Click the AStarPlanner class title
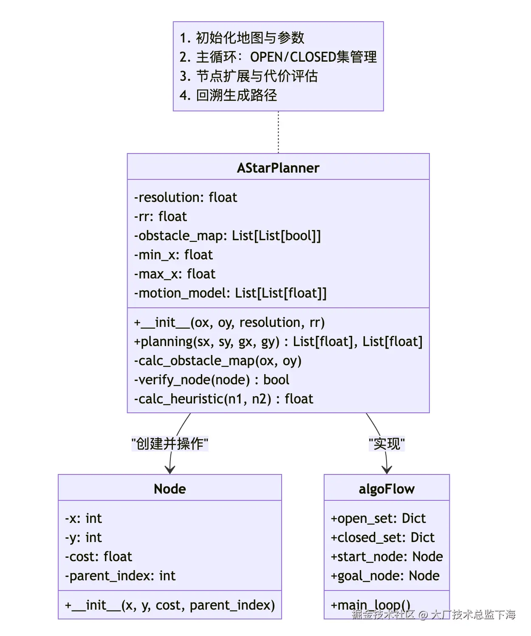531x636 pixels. click(x=278, y=168)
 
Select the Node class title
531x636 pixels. click(x=169, y=489)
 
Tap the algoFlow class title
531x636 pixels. click(x=387, y=489)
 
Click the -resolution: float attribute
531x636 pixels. click(x=186, y=197)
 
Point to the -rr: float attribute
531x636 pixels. click(x=161, y=216)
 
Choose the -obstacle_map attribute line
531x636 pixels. click(x=228, y=236)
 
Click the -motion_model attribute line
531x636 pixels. click(x=230, y=293)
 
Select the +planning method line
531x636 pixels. click(x=278, y=341)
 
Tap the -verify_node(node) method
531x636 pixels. click(x=212, y=380)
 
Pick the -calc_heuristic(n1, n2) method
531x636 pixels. click(x=223, y=399)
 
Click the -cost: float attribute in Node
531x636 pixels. click(x=99, y=556)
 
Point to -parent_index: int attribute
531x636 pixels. click(x=120, y=576)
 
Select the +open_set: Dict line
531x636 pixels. click(x=378, y=518)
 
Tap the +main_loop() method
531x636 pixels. click(x=370, y=604)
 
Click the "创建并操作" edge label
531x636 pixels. click(x=170, y=444)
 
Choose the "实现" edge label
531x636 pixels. click(x=387, y=444)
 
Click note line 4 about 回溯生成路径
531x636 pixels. click(x=228, y=95)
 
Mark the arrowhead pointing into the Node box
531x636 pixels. click(x=170, y=470)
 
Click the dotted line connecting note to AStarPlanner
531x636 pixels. click(x=278, y=132)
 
